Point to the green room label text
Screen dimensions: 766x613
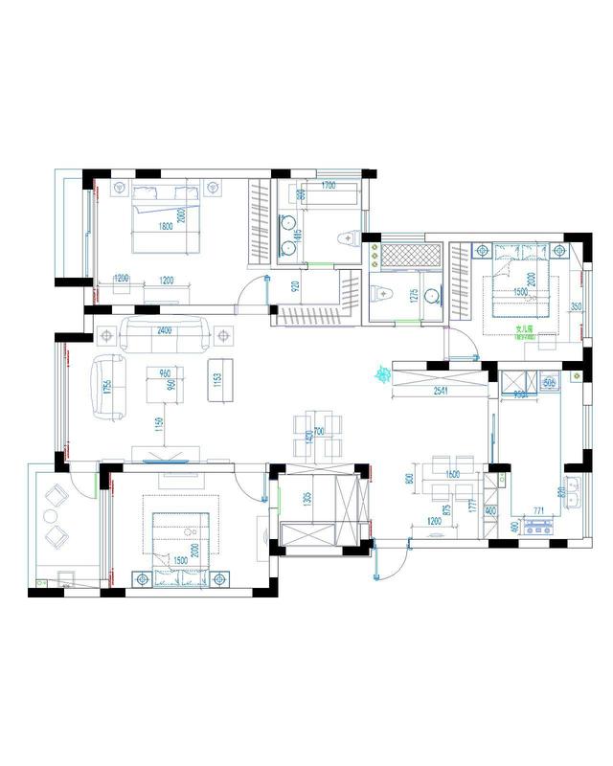(524, 328)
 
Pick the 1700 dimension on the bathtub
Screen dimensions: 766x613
(328, 186)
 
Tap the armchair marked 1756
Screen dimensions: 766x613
(108, 387)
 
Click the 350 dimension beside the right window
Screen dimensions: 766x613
(576, 307)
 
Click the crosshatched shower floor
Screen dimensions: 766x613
(411, 256)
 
